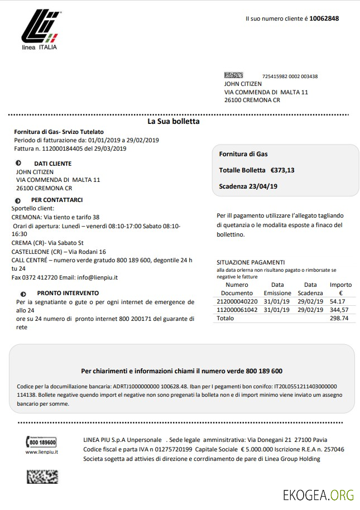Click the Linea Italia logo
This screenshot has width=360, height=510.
click(x=40, y=30)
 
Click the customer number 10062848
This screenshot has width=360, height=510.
click(x=324, y=18)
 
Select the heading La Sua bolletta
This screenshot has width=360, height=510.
click(x=173, y=121)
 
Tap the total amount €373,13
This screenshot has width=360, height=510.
click(x=282, y=170)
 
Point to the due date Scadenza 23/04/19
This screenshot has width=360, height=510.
click(x=248, y=187)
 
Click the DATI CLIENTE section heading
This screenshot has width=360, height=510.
click(x=52, y=163)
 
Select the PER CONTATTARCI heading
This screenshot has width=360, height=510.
click(x=57, y=200)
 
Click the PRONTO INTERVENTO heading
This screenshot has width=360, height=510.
click(x=68, y=293)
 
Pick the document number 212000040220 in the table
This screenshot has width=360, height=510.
click(x=237, y=301)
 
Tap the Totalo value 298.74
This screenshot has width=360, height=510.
click(x=339, y=318)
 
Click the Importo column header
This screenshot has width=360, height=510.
click(x=340, y=285)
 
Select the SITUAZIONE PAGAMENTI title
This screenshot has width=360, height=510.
click(x=251, y=262)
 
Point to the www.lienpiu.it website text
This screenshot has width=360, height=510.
click(x=42, y=452)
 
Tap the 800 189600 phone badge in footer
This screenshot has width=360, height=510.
click(x=42, y=442)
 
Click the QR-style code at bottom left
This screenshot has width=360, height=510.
click(x=42, y=476)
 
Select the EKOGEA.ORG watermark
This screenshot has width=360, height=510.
click(x=319, y=494)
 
